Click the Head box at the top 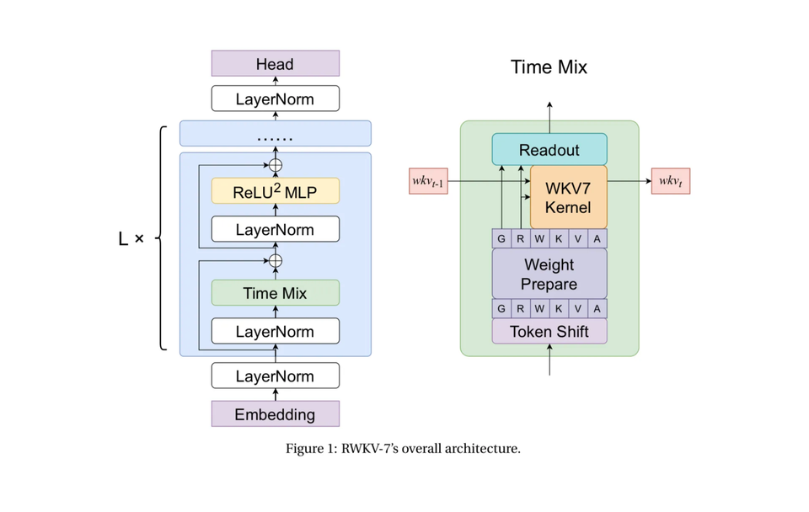275,64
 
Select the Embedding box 275,414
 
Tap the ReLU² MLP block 275,191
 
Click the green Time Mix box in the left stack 275,293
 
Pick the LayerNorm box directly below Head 275,99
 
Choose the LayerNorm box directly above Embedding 275,376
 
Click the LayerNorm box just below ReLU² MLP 275,230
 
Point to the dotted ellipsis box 275,134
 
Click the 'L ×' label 131,239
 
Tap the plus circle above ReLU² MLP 275,165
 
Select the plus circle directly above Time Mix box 275,261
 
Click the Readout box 549,150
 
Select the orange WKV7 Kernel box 568,197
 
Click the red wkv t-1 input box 428,182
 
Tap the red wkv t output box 670,182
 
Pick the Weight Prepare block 549,275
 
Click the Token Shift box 549,332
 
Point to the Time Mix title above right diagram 549,67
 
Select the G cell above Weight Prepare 501,239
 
